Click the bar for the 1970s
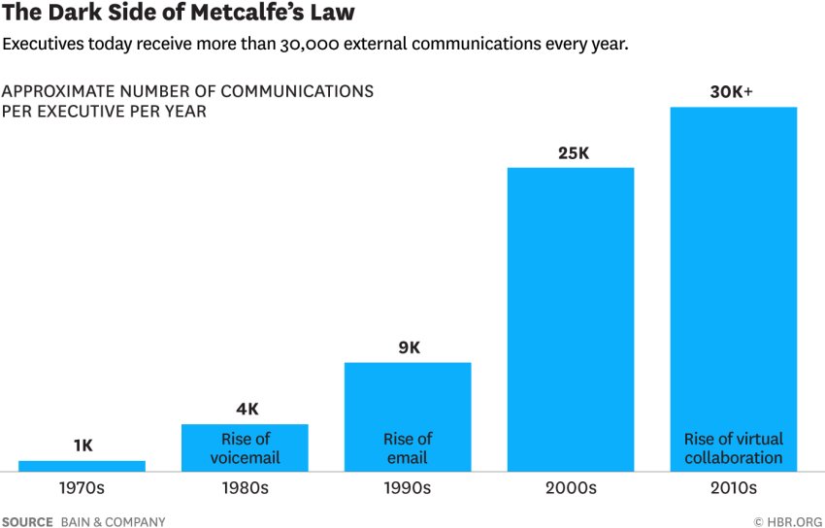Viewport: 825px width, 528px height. point(82,466)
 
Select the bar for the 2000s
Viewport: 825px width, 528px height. point(571,319)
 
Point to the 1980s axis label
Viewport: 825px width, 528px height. point(245,488)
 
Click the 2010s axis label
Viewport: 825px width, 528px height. point(733,488)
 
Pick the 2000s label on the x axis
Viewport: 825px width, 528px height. point(571,488)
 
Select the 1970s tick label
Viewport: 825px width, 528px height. point(82,488)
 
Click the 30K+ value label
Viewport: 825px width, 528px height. point(732,92)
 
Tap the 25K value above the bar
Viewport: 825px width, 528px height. point(570,153)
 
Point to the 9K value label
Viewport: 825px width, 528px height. point(408,347)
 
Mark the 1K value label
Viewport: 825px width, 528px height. point(83,445)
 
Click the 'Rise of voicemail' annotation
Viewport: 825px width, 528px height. point(246,448)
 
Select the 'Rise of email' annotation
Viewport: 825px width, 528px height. point(408,448)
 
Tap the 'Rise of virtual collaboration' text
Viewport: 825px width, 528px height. point(733,448)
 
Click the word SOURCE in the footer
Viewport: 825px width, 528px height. point(27,522)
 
